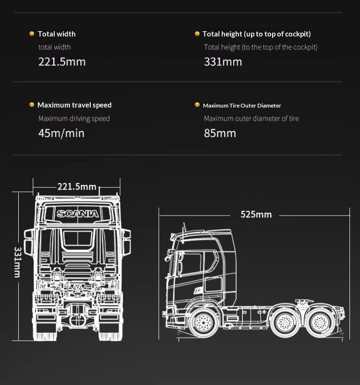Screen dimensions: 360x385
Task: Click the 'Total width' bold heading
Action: (x=57, y=34)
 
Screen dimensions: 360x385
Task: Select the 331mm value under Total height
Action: (x=223, y=61)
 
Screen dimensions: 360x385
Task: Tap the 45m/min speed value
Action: (x=61, y=133)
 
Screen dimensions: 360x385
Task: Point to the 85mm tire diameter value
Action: (x=220, y=133)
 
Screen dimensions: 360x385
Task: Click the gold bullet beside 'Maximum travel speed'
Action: (x=32, y=105)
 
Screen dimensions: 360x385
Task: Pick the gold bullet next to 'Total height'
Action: (x=197, y=34)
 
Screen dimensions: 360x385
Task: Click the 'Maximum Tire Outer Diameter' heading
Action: (x=242, y=106)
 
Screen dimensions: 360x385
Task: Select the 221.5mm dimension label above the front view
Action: (x=77, y=187)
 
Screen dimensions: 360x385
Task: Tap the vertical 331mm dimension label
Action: (x=18, y=262)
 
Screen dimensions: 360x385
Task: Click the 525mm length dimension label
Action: (x=256, y=215)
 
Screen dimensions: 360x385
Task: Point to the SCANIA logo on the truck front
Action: (x=78, y=214)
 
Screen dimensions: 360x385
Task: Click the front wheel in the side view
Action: (x=204, y=322)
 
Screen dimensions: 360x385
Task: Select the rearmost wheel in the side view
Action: (x=320, y=322)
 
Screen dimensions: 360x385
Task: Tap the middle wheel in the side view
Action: (x=285, y=322)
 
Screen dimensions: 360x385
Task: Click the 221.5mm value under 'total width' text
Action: (x=62, y=61)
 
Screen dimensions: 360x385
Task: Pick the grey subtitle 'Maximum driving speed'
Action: (x=74, y=119)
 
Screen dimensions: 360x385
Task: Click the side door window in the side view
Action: (x=190, y=264)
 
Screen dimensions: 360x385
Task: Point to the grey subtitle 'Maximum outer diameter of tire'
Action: (x=252, y=119)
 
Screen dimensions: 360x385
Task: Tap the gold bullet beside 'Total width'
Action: (x=32, y=34)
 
